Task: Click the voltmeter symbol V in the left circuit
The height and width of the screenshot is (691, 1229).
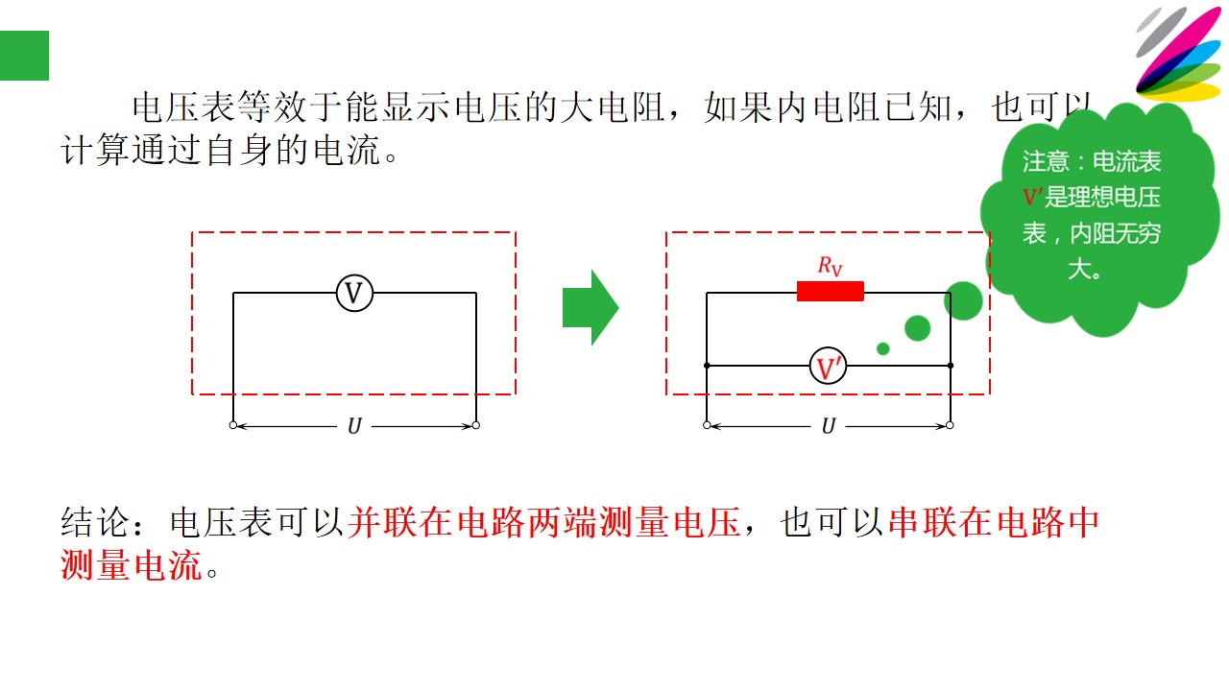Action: (354, 294)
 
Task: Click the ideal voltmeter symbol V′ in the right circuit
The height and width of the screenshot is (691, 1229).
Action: (828, 366)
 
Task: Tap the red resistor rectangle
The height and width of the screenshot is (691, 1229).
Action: (831, 291)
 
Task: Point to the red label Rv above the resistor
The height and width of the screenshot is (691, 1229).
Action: (830, 266)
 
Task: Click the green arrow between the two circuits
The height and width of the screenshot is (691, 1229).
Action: (590, 308)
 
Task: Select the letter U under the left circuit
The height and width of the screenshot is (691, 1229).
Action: (354, 426)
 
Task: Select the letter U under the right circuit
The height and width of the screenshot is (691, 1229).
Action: (829, 426)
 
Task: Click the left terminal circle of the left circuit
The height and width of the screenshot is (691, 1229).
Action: (233, 425)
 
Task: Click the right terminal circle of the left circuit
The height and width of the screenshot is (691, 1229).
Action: (475, 425)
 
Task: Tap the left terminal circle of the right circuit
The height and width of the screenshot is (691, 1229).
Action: (707, 425)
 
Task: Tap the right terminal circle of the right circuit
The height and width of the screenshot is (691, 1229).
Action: (950, 425)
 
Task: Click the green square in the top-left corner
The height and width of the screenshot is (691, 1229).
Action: (24, 56)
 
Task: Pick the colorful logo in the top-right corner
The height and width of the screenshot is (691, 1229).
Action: (1180, 54)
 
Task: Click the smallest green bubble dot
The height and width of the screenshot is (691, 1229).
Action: (882, 348)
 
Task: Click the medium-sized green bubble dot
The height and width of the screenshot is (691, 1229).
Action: (917, 328)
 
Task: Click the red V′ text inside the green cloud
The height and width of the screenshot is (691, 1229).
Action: (1032, 197)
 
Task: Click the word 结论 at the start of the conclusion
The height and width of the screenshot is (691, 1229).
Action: (94, 522)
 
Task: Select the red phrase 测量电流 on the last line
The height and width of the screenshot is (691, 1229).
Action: (132, 565)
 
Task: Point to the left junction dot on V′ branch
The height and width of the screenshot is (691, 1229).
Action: (707, 366)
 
